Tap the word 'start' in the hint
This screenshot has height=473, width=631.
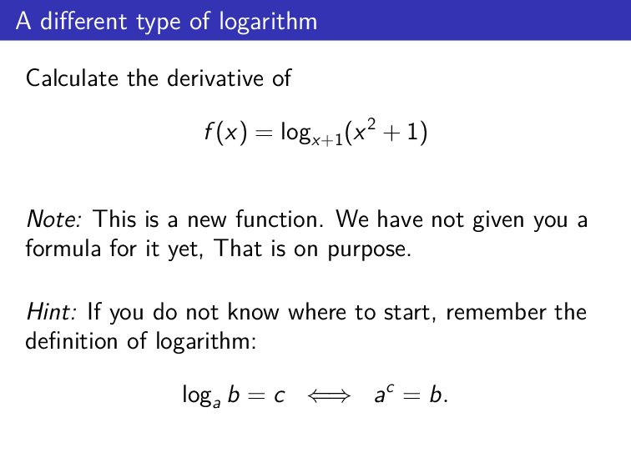point(411,313)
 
